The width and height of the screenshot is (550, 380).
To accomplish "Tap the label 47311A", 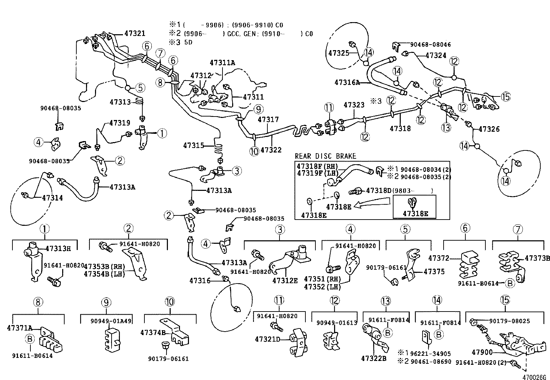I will point(222,63).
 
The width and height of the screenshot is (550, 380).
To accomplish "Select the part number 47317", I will point(268,119).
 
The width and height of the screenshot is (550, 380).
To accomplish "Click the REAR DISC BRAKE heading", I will point(325,156).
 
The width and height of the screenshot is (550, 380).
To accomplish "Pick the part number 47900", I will point(482,352).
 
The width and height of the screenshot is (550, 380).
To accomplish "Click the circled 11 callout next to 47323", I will point(328,108).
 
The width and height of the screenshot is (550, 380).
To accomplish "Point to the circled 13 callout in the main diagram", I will point(446,128).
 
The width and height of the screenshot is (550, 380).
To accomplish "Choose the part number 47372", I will point(439,258).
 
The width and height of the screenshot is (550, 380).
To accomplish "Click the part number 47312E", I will point(285,280).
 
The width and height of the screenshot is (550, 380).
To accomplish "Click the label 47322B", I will point(373,359).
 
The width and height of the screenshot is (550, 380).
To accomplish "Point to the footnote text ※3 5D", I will point(180,42).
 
